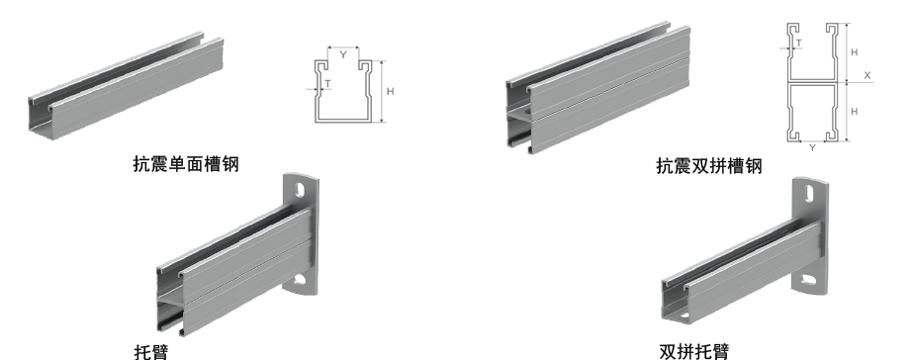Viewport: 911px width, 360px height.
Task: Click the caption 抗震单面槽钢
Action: point(186,164)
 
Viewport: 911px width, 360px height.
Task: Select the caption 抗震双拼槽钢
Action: point(709,166)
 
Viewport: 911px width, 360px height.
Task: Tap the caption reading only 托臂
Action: point(151,352)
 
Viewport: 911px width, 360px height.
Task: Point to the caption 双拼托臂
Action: point(693,352)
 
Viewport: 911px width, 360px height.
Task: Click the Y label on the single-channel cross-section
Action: point(343,55)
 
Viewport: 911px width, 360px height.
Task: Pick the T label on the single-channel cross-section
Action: point(327,84)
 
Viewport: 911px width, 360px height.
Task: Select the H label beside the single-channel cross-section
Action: point(391,91)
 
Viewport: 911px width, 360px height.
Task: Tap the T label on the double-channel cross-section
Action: point(799,43)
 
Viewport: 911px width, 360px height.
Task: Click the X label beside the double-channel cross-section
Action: point(867,75)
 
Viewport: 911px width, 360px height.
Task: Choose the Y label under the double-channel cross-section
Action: point(812,148)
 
